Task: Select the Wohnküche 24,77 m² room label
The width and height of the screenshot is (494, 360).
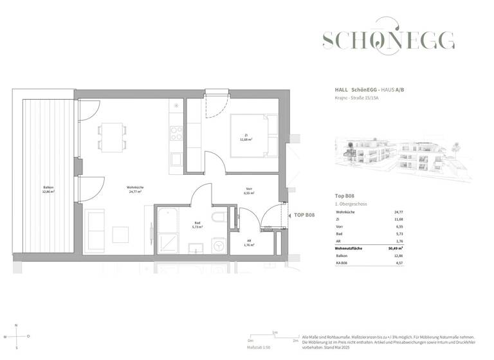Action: (x=135, y=189)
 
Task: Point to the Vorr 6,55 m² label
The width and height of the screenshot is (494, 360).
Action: (x=249, y=191)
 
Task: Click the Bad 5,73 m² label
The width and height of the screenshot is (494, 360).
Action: (x=198, y=226)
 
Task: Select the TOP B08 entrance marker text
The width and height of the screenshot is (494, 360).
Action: (x=304, y=215)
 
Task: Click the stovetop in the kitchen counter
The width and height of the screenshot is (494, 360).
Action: (x=176, y=134)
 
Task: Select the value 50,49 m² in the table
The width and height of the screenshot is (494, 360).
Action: (x=439, y=248)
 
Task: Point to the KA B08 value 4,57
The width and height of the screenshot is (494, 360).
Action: (x=443, y=263)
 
